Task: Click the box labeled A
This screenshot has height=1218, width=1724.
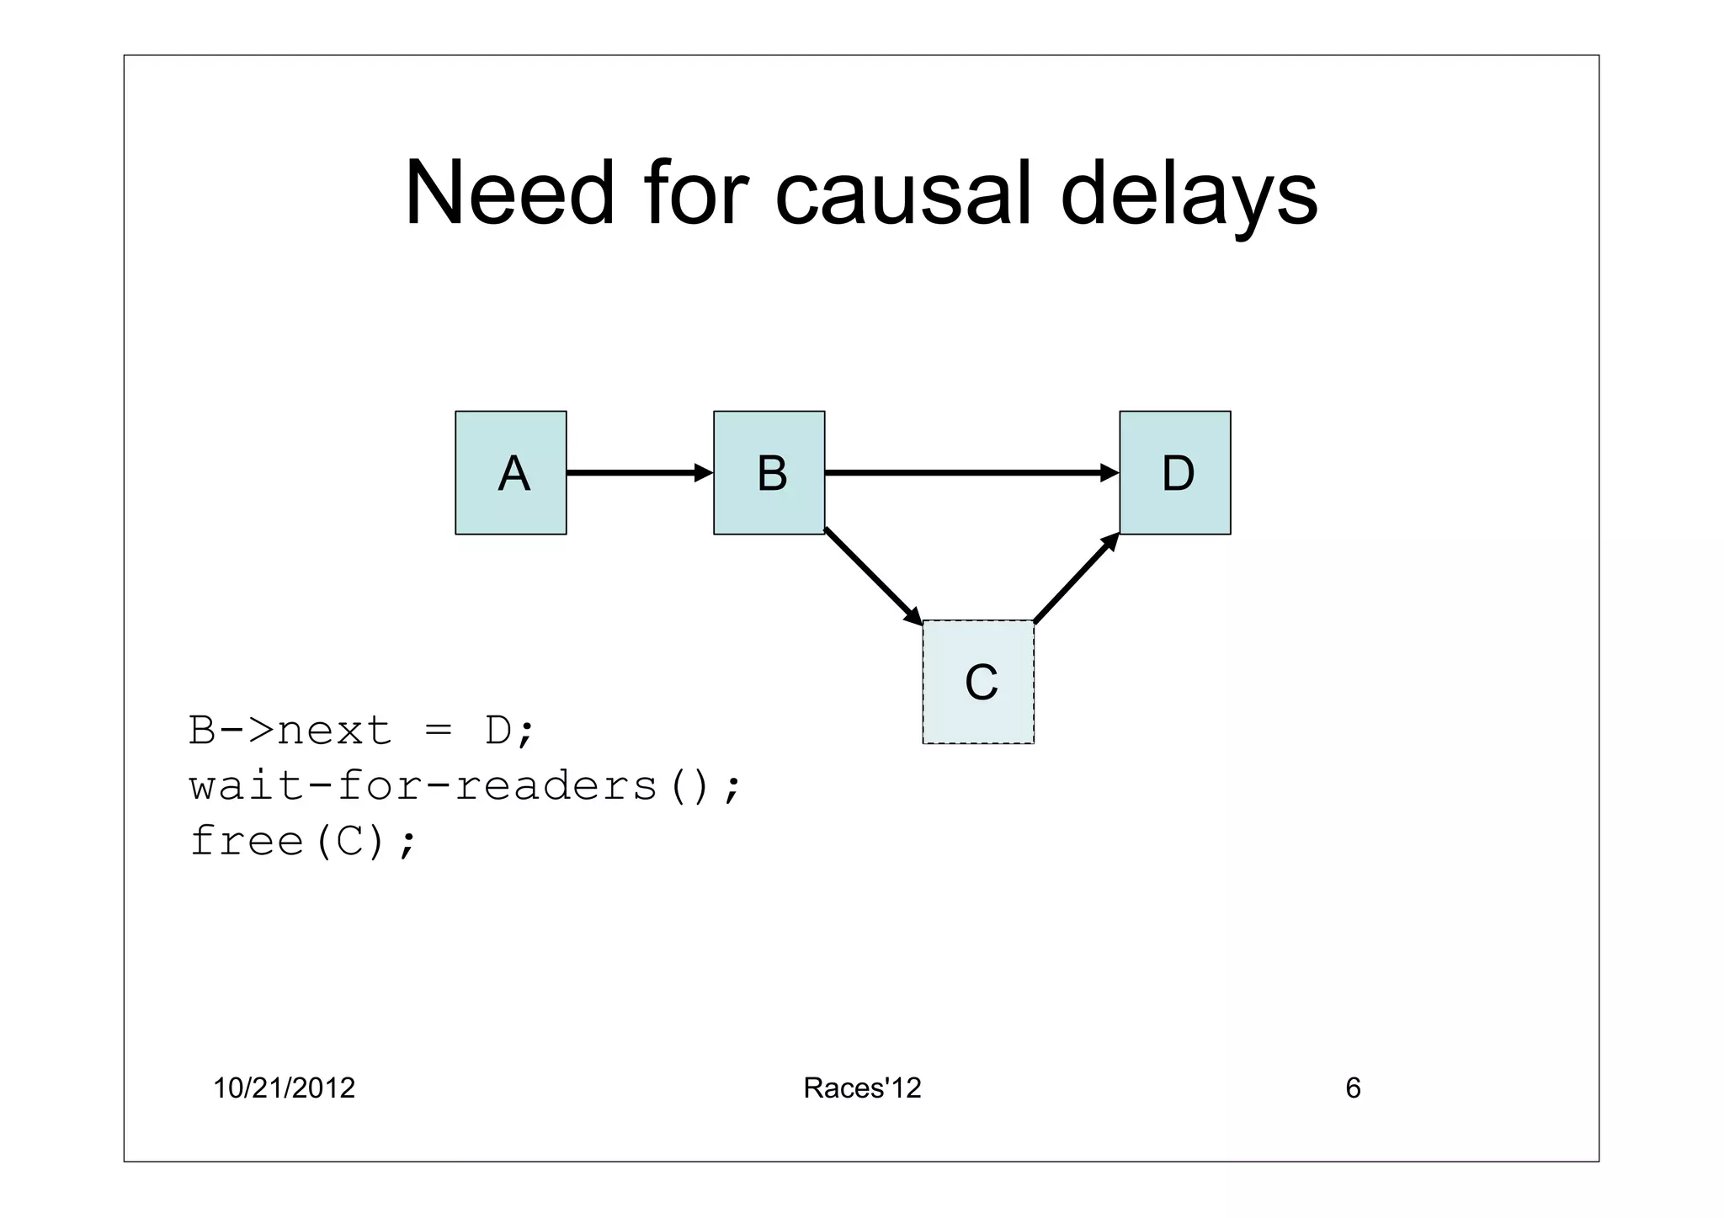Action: click(x=510, y=472)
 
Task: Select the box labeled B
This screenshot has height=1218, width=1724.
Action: click(x=769, y=472)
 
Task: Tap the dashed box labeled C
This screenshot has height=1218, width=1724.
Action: click(x=978, y=682)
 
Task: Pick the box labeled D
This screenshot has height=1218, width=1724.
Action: click(x=1174, y=472)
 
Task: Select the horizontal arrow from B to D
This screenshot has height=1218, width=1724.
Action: click(x=968, y=473)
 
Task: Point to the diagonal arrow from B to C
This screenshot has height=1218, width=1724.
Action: click(x=871, y=576)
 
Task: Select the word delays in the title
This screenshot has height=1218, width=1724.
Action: click(x=1188, y=195)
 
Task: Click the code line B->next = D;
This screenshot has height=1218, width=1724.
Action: click(x=361, y=730)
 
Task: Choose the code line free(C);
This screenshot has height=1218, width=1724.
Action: click(x=303, y=841)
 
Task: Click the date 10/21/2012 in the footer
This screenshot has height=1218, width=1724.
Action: click(x=284, y=1088)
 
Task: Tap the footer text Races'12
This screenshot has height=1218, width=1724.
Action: click(x=862, y=1088)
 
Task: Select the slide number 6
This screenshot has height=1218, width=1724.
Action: click(x=1353, y=1088)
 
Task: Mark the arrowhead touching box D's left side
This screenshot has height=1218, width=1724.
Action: click(x=1109, y=473)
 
